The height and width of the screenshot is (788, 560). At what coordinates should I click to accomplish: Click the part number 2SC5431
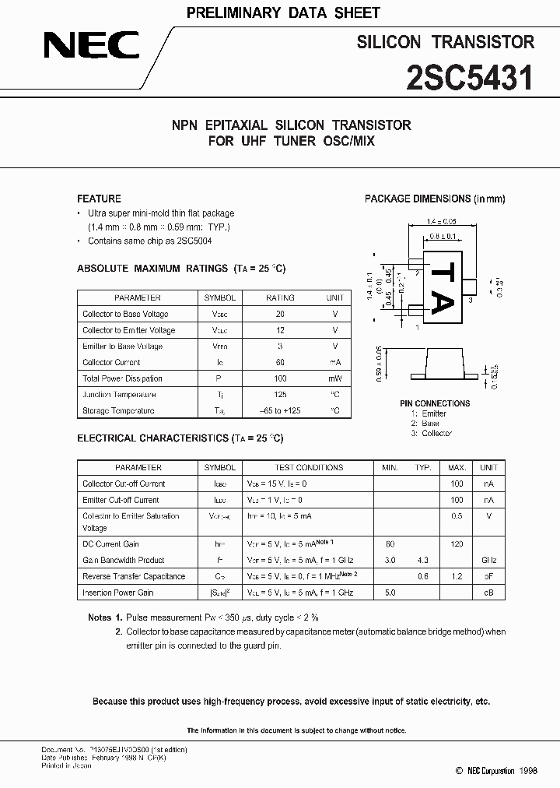(x=469, y=79)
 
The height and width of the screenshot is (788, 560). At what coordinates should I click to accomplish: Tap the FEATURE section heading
(x=99, y=199)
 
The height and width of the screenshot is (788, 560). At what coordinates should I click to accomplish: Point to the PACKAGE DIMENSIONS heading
(x=435, y=199)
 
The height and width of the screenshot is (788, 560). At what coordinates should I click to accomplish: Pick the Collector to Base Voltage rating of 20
(x=280, y=314)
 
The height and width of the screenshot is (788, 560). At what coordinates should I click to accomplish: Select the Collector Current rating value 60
(x=280, y=362)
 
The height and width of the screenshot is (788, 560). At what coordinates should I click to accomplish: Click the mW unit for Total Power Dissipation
(x=334, y=378)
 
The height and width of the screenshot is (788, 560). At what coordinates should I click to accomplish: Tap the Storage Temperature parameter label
(x=118, y=410)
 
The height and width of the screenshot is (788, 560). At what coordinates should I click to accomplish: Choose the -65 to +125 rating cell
(x=280, y=410)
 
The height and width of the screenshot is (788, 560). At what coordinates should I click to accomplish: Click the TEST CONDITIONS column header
(x=309, y=467)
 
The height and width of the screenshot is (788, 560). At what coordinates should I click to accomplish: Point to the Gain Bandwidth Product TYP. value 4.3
(x=423, y=560)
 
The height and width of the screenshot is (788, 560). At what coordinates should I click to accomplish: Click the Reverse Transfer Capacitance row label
(x=134, y=576)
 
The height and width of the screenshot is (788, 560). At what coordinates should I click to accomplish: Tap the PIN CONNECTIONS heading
(x=434, y=403)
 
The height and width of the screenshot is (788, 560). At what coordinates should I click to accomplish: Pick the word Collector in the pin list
(x=436, y=433)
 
